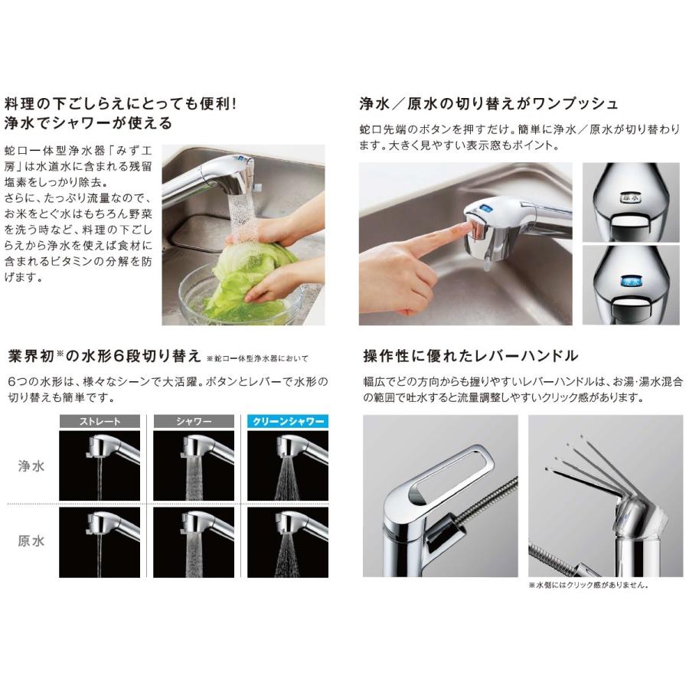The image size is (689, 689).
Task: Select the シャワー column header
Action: pos(194,421)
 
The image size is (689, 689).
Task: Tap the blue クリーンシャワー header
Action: pos(286,421)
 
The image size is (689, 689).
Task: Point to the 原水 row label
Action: pos(31,541)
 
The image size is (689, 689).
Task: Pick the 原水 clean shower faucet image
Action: pos(286,542)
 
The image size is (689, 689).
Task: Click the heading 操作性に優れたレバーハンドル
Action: pos(470,356)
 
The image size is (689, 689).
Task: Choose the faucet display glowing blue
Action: pos(632,281)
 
